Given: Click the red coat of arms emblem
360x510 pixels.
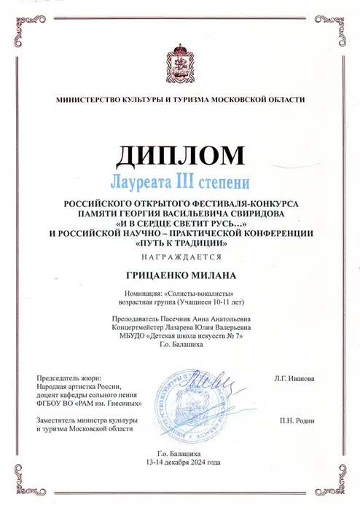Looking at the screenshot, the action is tap(180, 58).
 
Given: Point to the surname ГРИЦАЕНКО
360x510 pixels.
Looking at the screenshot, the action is tap(155, 278).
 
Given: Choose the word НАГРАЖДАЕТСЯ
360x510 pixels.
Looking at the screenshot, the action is tap(179, 258).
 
